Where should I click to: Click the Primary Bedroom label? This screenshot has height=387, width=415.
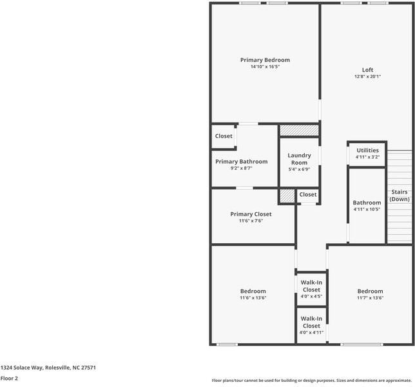265,60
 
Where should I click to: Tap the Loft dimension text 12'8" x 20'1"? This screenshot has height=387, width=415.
367,77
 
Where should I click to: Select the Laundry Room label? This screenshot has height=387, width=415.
300,159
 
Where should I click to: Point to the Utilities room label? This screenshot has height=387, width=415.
367,150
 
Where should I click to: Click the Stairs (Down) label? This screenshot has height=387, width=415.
400,195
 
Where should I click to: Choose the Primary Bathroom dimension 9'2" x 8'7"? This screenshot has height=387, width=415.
242,168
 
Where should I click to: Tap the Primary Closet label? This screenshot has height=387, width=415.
251,214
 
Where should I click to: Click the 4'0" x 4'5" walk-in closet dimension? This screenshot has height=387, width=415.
311,297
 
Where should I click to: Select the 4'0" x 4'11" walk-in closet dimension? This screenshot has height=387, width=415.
311,332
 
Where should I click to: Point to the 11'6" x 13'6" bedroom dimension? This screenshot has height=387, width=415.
253,298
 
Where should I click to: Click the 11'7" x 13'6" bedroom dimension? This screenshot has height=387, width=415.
371,298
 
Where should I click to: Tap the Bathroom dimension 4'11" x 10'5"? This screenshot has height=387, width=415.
367,209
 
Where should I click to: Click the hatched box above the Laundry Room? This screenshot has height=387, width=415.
300,130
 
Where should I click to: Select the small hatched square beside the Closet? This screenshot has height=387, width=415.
287,196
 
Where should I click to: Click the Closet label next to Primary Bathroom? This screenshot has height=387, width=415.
224,136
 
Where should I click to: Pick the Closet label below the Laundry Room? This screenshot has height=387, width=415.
308,195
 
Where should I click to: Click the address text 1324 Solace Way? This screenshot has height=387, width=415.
21,368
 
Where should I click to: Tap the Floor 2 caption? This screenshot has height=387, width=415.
9,378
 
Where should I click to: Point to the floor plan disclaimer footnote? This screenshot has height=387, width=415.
312,381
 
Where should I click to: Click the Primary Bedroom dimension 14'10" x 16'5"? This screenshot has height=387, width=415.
265,66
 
